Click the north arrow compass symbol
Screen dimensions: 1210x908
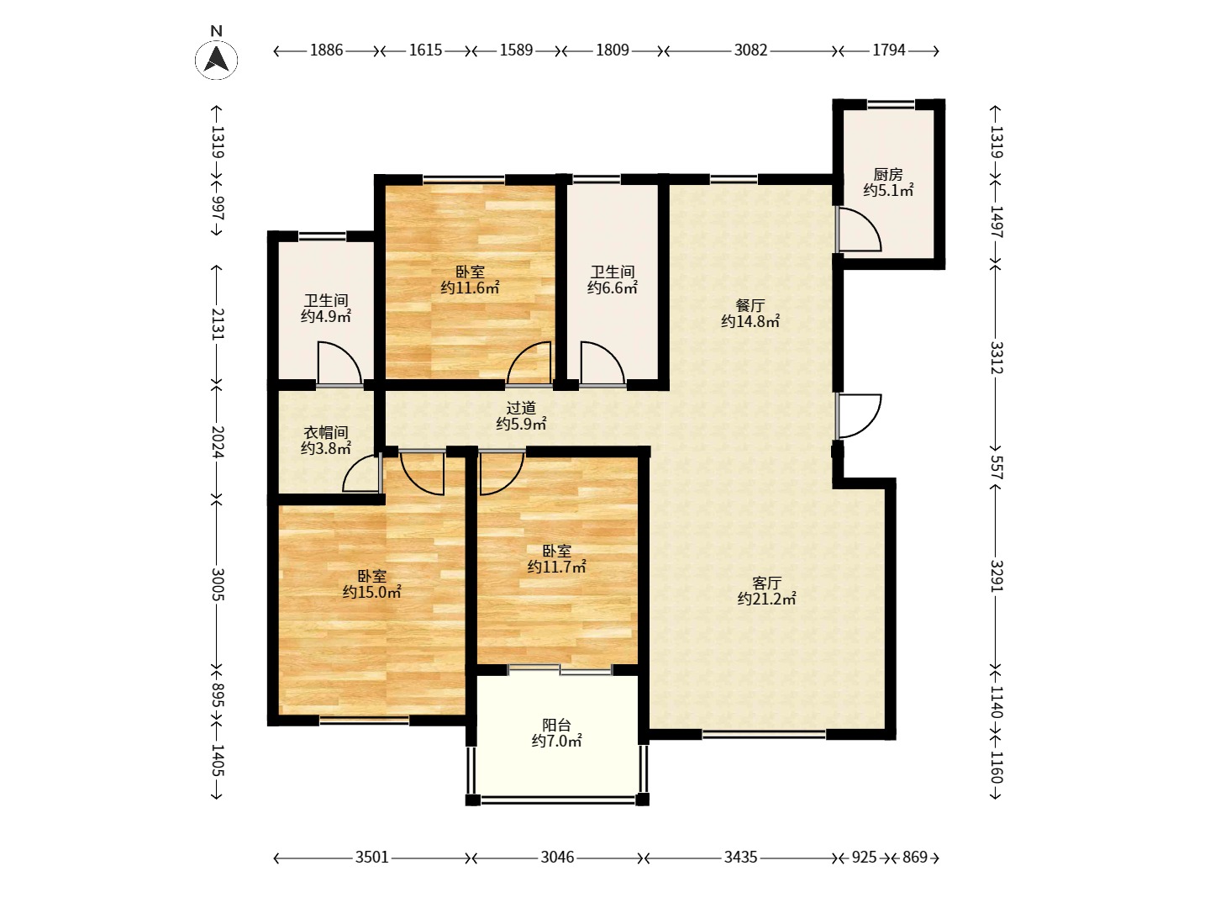pos(216,59)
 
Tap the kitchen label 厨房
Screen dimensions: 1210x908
pos(887,175)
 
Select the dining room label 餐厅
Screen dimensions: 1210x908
pos(750,305)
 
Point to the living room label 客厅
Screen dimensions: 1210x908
pos(766,583)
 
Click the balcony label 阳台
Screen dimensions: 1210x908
pos(556,725)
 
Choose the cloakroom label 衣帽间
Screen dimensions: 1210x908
pos(326,433)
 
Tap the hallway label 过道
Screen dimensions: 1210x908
pos(521,408)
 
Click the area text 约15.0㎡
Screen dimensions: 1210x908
pos(371,592)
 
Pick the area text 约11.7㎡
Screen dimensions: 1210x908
pos(556,567)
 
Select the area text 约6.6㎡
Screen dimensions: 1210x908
pos(613,288)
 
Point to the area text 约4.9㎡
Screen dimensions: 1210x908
pos(326,316)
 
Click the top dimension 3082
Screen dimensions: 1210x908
pos(750,50)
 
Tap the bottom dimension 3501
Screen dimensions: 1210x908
pos(371,858)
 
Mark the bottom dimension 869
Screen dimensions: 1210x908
pos(914,858)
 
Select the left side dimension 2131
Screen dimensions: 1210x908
pos(217,324)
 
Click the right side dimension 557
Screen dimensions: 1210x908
pos(996,467)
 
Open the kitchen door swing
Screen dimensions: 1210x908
pos(860,230)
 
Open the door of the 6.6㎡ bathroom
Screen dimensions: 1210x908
pos(602,362)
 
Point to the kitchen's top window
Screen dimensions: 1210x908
pos(890,103)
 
